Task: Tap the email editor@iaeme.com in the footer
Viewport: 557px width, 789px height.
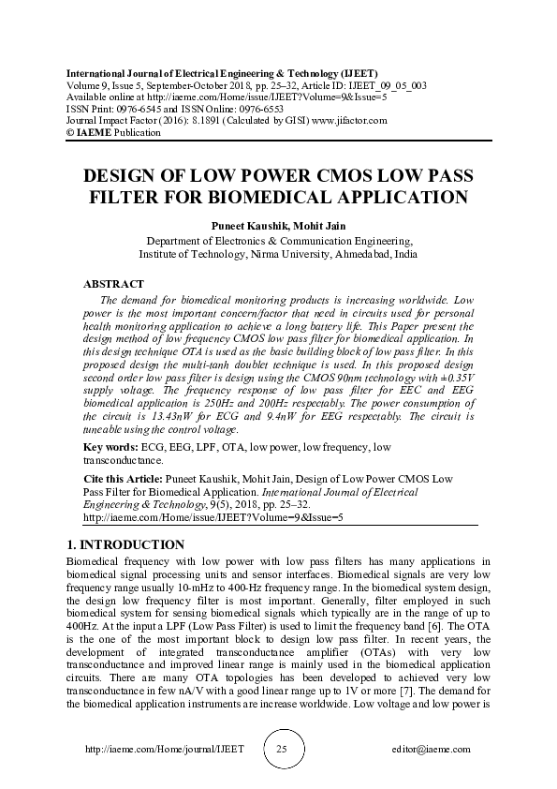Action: click(x=431, y=750)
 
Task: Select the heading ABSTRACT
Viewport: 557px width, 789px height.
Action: click(x=113, y=283)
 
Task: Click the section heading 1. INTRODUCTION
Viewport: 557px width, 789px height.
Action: click(x=126, y=544)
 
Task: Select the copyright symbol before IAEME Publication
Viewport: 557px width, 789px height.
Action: click(x=67, y=133)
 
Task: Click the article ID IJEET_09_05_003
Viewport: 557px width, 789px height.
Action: click(x=388, y=85)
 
